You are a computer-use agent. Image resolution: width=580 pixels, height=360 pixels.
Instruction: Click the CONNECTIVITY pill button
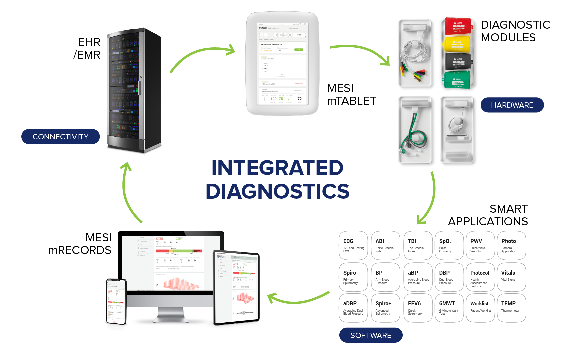click(60, 137)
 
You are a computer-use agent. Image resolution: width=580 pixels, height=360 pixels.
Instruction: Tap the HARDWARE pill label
click(512, 105)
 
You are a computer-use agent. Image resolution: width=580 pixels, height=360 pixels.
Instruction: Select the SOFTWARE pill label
click(371, 335)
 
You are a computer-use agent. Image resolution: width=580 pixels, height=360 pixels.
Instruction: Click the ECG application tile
click(353, 245)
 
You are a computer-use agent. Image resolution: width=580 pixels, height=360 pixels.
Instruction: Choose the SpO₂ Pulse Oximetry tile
click(449, 245)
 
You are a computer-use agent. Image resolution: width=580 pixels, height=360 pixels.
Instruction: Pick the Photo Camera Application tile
click(511, 245)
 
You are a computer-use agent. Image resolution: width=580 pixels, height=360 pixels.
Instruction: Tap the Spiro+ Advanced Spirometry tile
click(386, 308)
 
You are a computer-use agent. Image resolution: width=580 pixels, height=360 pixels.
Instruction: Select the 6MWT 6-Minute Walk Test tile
click(449, 308)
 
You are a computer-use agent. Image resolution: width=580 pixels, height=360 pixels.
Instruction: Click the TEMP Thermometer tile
click(511, 308)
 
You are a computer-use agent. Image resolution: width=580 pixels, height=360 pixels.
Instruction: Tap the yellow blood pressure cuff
click(458, 44)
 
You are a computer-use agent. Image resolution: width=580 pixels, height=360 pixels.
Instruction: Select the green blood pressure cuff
click(457, 80)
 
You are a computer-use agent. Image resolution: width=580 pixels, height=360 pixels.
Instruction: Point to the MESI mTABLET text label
click(351, 94)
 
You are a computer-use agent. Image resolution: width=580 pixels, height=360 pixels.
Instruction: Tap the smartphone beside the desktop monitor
click(116, 301)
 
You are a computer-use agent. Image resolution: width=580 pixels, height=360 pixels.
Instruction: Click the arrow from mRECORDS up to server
click(128, 193)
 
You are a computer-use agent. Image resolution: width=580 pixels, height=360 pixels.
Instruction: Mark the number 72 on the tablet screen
click(299, 99)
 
